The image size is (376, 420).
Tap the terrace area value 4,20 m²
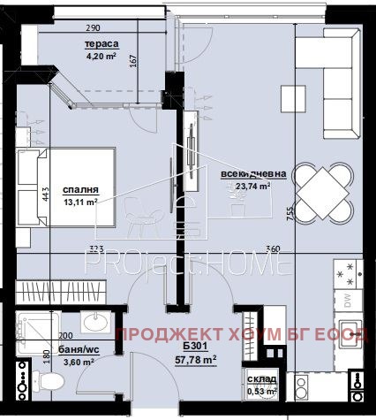click(103, 58)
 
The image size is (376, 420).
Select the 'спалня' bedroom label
click(80, 190)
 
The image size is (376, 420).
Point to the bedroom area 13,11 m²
click(80, 202)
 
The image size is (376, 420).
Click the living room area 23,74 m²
click(252, 187)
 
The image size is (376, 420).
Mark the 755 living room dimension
click(288, 211)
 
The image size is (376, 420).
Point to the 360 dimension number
click(274, 248)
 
